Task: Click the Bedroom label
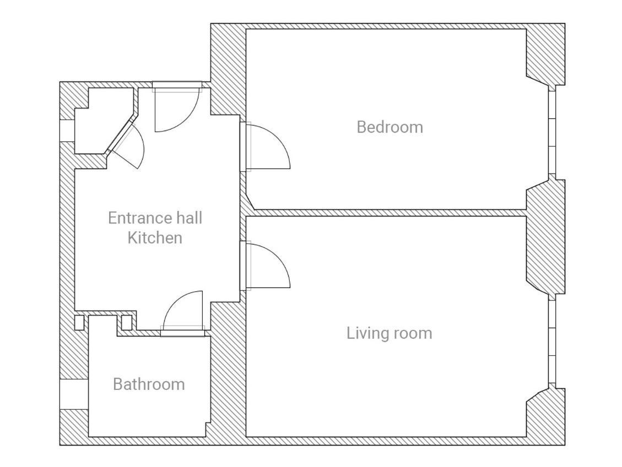click(390, 127)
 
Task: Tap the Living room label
click(389, 333)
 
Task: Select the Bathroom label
click(149, 384)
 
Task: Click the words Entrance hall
click(155, 218)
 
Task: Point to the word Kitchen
click(155, 238)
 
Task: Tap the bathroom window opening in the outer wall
click(74, 394)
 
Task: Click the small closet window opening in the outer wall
click(67, 131)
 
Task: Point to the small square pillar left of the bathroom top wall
click(79, 323)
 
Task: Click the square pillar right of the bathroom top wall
click(126, 323)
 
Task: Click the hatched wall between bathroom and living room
click(226, 368)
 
